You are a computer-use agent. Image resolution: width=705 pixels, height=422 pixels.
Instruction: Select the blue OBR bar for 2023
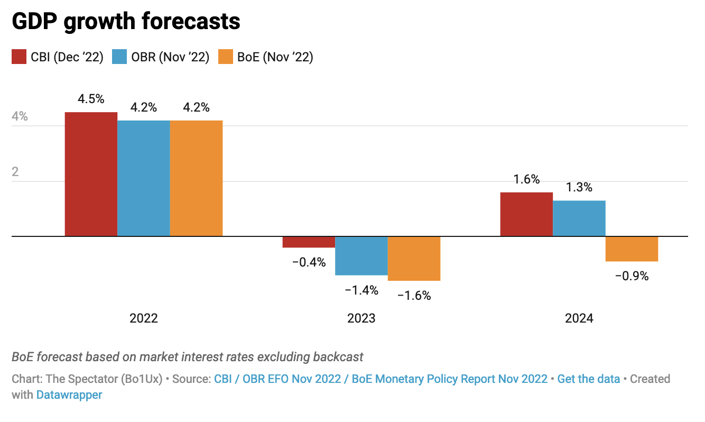point(361,256)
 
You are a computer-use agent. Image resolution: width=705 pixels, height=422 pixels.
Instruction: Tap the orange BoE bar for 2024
point(632,249)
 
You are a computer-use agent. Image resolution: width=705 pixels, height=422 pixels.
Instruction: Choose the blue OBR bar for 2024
point(579,218)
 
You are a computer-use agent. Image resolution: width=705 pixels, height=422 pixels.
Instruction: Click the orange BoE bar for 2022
point(196,178)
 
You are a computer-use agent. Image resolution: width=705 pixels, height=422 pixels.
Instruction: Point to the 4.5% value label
point(91,99)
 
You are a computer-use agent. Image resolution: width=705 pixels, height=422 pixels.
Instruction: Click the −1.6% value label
point(414,295)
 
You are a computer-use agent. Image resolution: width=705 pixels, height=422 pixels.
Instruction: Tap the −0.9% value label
point(632,276)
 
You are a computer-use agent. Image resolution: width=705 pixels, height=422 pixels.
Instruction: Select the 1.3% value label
point(579,188)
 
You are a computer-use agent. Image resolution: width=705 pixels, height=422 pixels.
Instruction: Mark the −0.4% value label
point(309,262)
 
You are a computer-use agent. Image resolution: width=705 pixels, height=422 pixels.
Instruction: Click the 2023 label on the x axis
point(361,318)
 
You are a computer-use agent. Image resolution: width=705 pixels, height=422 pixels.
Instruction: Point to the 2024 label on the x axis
point(579,318)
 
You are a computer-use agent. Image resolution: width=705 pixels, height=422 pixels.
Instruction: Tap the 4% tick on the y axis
point(20,117)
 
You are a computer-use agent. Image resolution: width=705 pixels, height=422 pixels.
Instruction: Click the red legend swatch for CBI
point(19,57)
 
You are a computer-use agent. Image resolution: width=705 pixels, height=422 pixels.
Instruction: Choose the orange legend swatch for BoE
point(226,57)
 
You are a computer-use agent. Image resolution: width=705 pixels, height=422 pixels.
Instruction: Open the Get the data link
point(588,379)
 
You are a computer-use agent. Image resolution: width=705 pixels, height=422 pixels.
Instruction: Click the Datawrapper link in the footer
point(69,395)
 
